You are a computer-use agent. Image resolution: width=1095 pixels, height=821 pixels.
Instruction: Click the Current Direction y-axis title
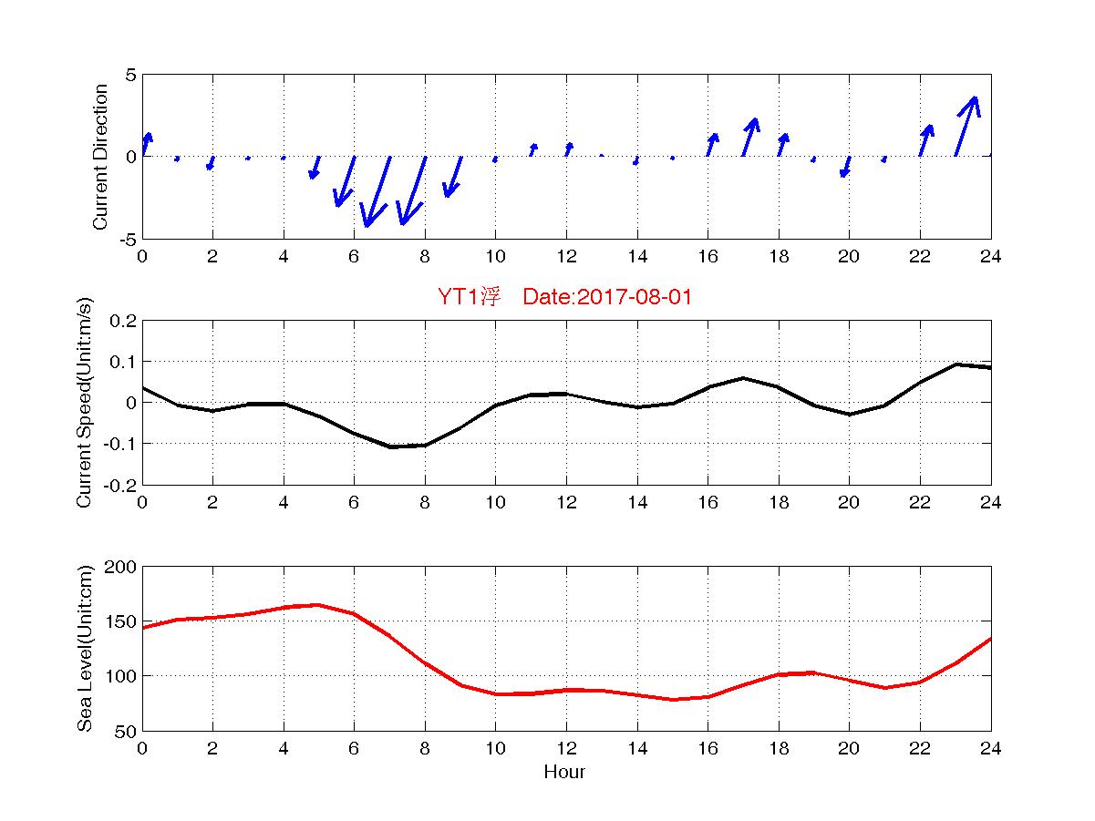tap(101, 157)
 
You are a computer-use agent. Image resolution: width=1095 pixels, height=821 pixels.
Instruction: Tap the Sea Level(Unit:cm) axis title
tap(85, 648)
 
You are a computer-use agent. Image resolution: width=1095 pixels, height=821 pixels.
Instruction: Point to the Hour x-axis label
tap(564, 772)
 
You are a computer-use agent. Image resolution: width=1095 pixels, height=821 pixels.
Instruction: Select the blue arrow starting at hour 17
tap(749, 138)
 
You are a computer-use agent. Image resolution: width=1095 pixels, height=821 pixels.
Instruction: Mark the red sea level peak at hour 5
tap(318, 605)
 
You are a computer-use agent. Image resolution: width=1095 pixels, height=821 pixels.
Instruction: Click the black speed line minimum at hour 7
tap(389, 446)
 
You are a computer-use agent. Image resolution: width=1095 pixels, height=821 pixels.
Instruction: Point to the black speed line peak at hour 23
tap(956, 364)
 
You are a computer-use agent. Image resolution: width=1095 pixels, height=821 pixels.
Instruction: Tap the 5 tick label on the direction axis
tap(130, 75)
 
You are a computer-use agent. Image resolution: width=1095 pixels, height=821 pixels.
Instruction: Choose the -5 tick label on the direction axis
tap(127, 239)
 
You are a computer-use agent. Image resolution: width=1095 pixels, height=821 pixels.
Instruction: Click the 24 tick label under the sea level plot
tap(990, 748)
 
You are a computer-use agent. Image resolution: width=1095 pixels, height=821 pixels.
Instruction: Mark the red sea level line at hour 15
tap(673, 700)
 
